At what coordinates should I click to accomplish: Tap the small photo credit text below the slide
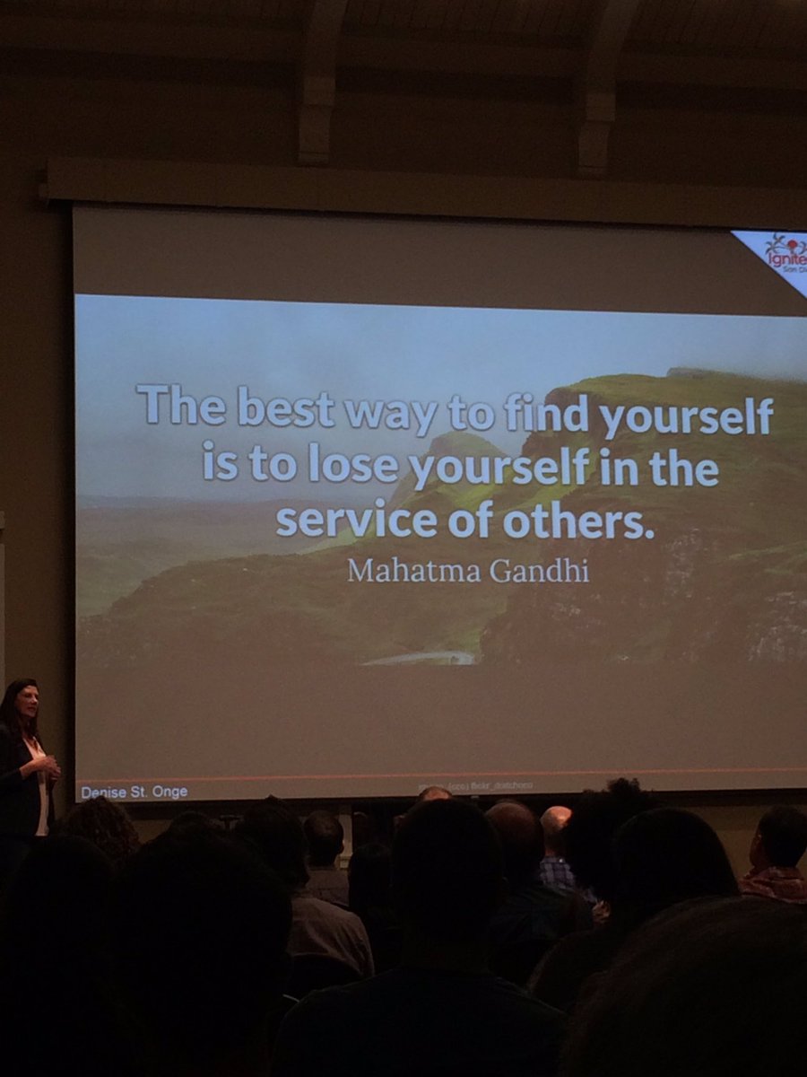point(475,786)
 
